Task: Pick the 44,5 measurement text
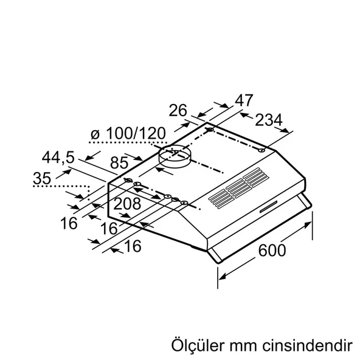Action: click(59, 157)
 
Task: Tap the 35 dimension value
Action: click(43, 178)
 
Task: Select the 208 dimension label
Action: click(128, 204)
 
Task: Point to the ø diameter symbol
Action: click(94, 133)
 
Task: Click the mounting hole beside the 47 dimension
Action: click(210, 130)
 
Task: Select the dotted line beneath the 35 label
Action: click(58, 187)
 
